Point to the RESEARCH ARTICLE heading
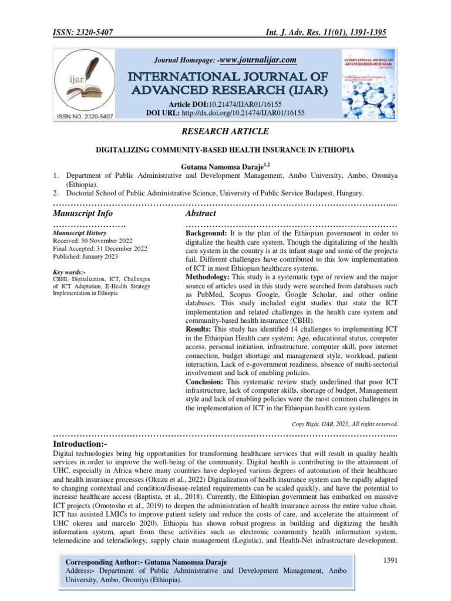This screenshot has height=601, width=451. coord(225,130)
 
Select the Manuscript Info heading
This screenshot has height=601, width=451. coord(83,213)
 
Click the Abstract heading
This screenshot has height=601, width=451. coord(201,213)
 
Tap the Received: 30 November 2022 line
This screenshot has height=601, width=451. coord(93,241)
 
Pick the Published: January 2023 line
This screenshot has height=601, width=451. coord(85,257)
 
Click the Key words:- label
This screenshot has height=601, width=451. coord(69,272)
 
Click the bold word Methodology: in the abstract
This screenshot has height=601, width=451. coord(208,275)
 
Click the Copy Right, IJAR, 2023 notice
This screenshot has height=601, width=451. coord(345,423)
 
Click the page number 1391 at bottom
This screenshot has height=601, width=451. coord(389,561)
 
